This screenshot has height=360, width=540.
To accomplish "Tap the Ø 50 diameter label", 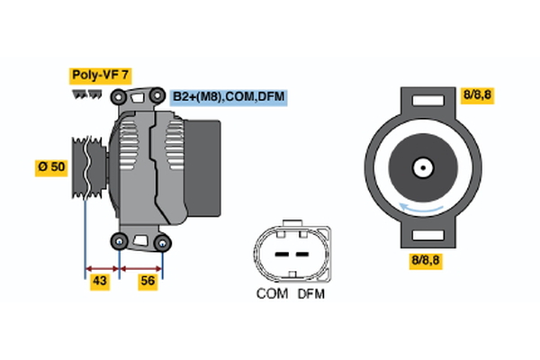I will pyautogui.click(x=50, y=168).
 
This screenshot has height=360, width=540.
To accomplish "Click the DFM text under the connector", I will pyautogui.click(x=310, y=294).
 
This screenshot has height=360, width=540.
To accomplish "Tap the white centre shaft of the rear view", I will pyautogui.click(x=422, y=167).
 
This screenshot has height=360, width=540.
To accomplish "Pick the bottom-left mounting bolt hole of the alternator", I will pyautogui.click(x=119, y=241).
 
